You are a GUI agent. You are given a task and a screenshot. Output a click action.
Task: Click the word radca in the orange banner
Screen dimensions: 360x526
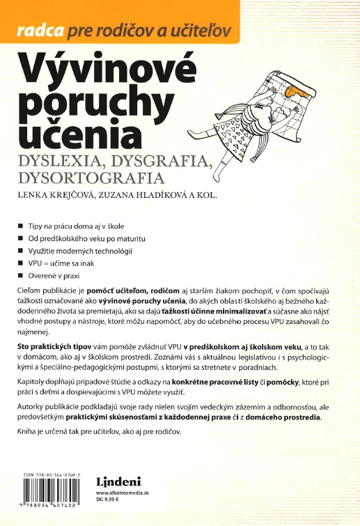coord(40,30)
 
